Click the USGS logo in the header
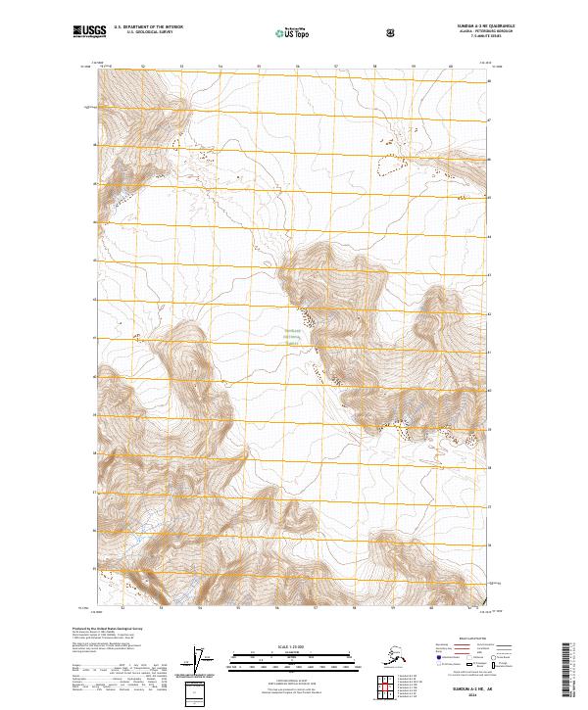91,32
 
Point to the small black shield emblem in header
392,32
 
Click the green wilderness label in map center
293,338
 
